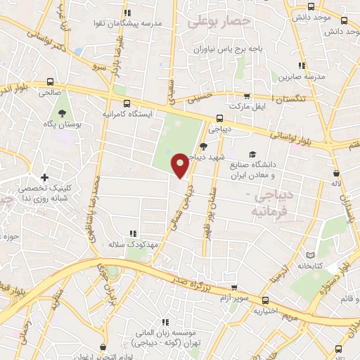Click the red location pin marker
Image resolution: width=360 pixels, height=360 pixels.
pyautogui.click(x=180, y=165)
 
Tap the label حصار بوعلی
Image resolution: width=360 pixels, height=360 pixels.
pyautogui.click(x=219, y=22)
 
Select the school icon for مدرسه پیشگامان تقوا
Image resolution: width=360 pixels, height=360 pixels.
pyautogui.click(x=127, y=13)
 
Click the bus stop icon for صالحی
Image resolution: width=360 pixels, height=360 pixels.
pyautogui.click(x=49, y=82)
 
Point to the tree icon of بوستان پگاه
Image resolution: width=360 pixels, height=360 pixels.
pyautogui.click(x=62, y=112)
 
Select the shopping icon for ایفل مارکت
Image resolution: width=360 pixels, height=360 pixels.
pyautogui.click(x=246, y=97)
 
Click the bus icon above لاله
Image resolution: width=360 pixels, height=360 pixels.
pyautogui.click(x=336, y=172)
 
